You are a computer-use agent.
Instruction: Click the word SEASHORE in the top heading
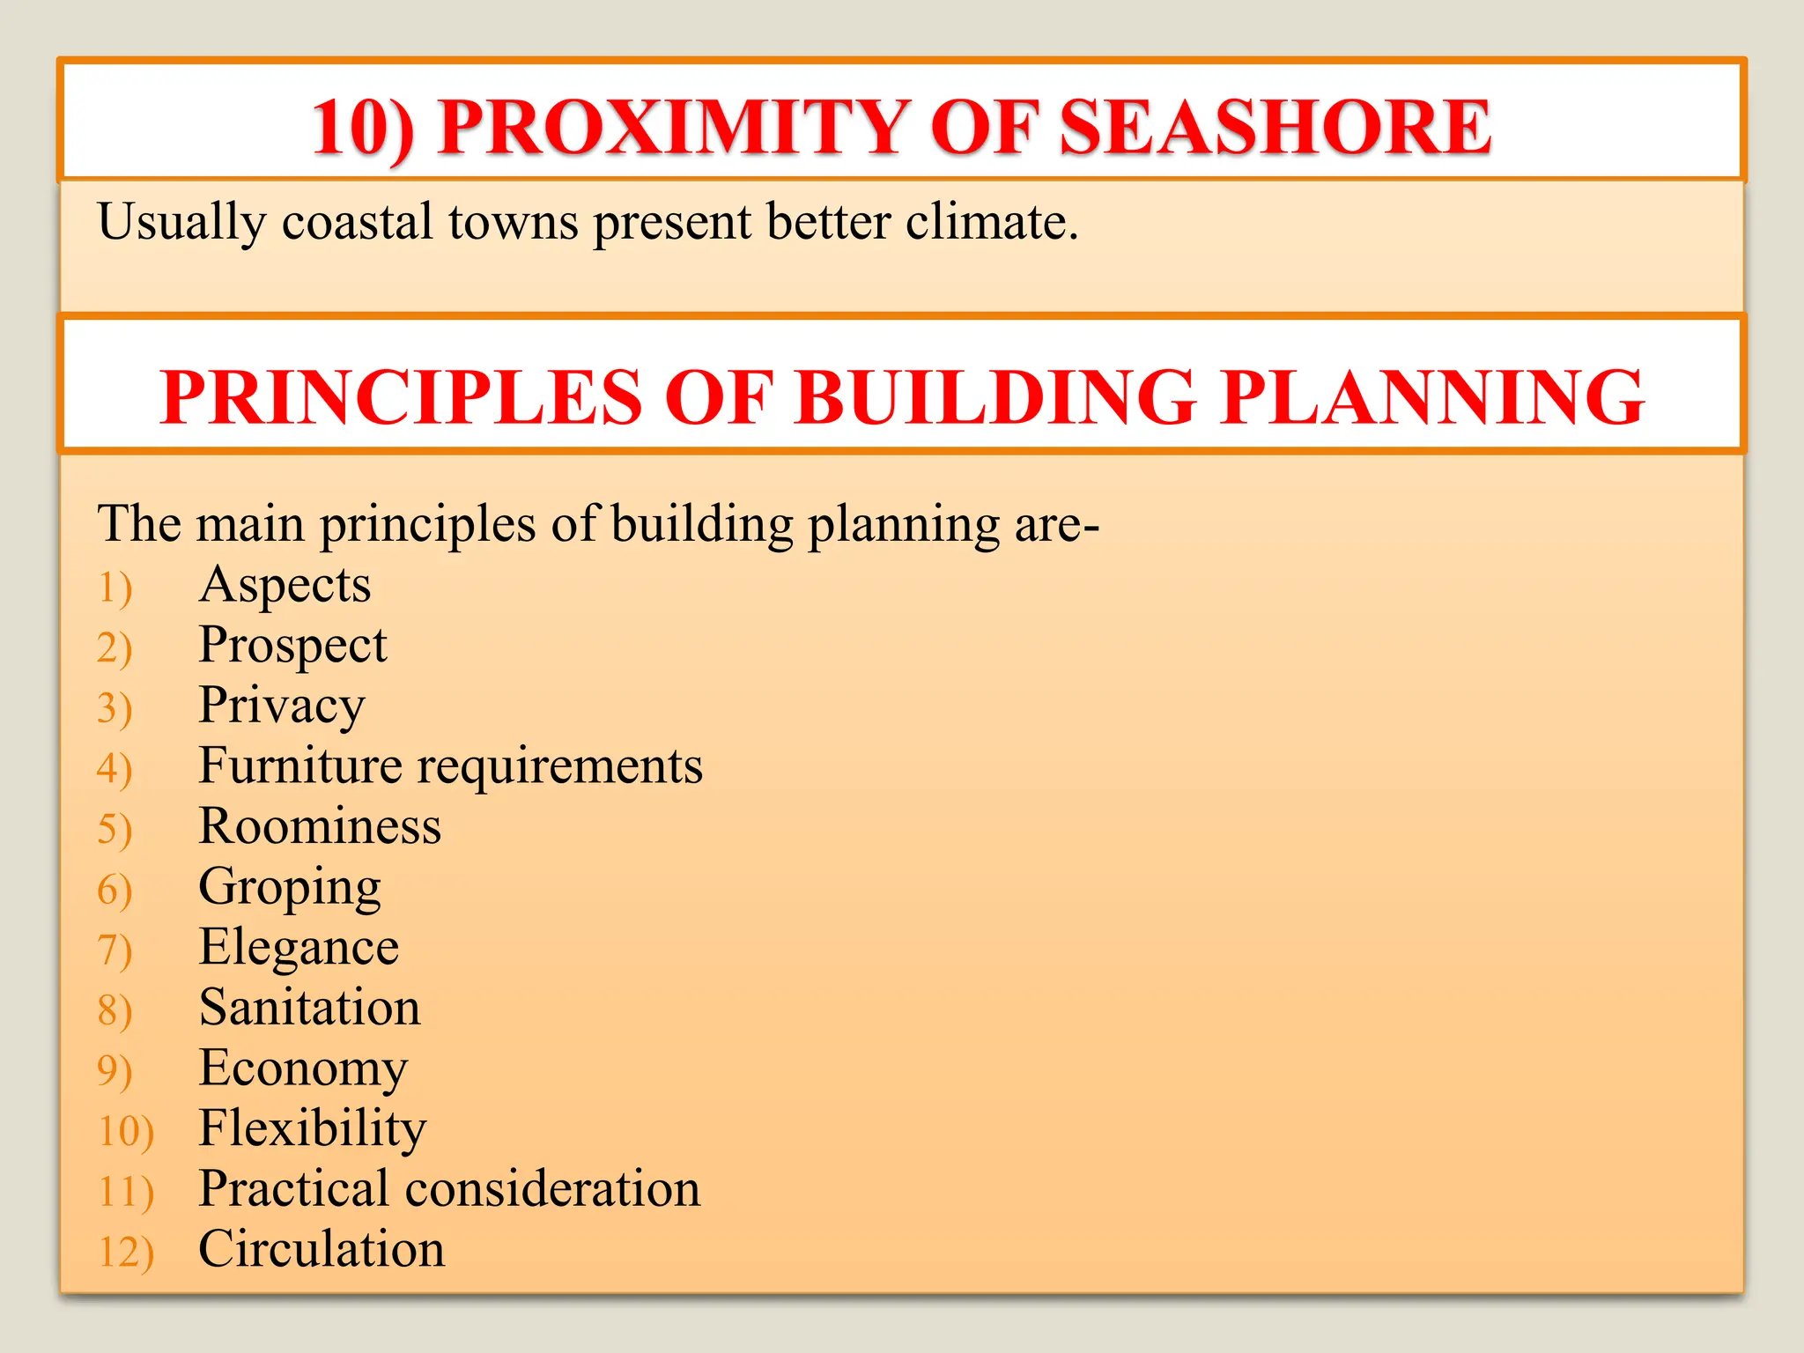pos(1275,128)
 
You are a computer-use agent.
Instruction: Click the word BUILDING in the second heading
pos(995,397)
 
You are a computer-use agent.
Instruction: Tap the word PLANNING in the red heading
pos(1433,397)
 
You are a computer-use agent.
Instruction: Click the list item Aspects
pos(285,586)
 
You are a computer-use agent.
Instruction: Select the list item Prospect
pos(292,646)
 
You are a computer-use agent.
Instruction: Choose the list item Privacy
pos(282,706)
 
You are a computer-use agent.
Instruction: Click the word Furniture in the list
pos(300,765)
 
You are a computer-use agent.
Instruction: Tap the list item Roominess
pos(320,826)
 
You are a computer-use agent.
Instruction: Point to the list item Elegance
pos(299,948)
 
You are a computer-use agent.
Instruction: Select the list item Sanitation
pos(310,1007)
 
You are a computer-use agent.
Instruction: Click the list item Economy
pos(303,1068)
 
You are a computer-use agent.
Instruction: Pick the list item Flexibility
pos(313,1128)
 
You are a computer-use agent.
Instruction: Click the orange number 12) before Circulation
pos(126,1252)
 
